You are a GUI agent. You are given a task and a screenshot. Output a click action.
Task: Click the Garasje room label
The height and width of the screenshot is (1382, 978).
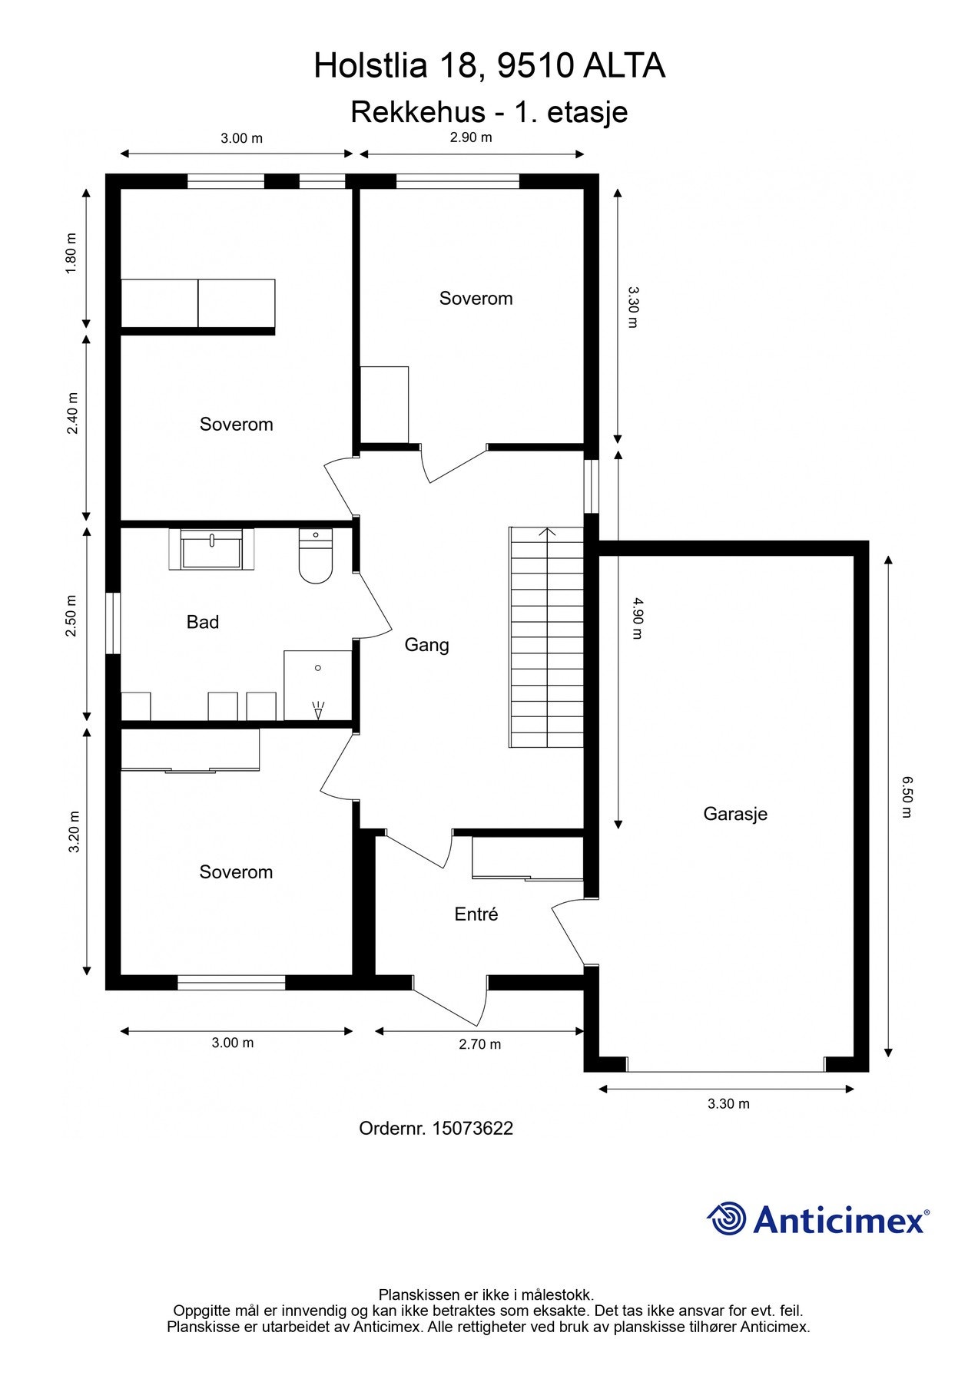pos(735,814)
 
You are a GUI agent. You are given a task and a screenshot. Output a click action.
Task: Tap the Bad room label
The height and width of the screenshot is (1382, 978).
pos(203,622)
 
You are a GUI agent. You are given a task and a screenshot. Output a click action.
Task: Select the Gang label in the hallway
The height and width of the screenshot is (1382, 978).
pos(426,645)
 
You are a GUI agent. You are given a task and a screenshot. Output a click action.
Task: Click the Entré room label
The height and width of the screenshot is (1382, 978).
pos(476,914)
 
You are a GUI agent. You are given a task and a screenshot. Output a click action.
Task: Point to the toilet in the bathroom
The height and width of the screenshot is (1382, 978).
pos(315,559)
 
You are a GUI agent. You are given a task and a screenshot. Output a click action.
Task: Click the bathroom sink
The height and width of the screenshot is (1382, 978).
pos(211,550)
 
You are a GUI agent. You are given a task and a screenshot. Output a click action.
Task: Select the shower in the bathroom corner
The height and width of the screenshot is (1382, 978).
pos(317,686)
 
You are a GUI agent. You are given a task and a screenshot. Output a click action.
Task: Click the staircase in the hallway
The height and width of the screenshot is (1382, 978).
pos(546,637)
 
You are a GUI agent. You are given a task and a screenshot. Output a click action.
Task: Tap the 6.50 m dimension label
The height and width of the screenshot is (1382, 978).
pos(907,797)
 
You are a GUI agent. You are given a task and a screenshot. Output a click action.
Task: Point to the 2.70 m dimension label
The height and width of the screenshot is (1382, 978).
pos(479,1044)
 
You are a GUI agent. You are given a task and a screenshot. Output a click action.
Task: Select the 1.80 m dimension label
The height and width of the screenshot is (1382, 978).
pos(71,253)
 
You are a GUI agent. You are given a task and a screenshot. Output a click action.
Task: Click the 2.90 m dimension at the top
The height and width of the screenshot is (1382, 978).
pos(471,138)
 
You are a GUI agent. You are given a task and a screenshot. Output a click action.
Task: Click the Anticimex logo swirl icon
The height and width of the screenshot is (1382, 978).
pos(727,1218)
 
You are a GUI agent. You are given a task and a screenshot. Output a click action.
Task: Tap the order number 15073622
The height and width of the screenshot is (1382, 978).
pos(472,1129)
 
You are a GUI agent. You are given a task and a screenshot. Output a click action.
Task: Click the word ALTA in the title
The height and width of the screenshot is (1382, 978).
pos(623,66)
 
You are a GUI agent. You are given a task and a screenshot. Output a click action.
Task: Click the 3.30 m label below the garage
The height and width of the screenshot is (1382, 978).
pos(728,1104)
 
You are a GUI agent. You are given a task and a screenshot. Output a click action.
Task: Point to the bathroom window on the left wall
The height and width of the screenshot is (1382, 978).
pos(113,623)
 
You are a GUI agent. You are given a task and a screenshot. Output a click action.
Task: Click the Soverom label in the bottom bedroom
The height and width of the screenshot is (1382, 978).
pos(236,872)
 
